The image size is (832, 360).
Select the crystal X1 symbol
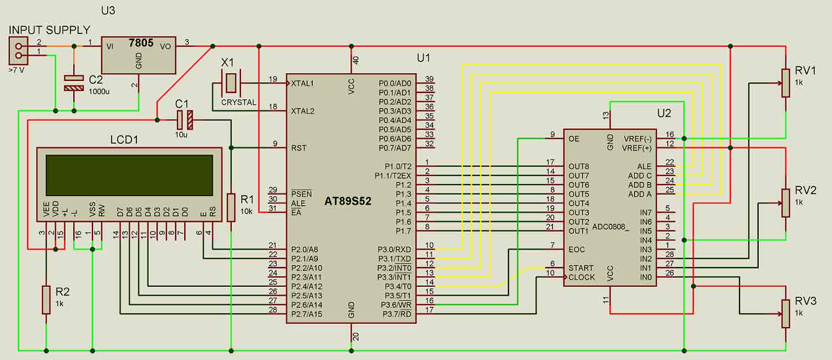point(231,84)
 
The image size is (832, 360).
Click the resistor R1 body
point(231,207)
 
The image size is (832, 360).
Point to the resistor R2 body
point(47,300)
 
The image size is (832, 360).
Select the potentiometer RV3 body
point(785,313)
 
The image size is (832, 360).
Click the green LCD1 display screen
point(129,175)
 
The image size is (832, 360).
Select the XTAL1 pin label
point(303,83)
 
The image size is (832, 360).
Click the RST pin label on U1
point(298,148)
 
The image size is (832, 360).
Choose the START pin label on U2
point(581,268)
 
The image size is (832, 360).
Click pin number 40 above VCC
point(356,60)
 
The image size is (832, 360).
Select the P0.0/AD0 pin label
point(394,83)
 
